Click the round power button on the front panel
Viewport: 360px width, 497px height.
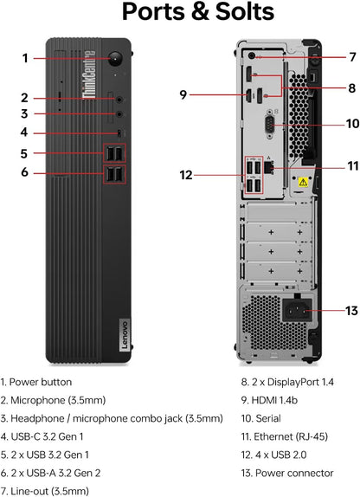pos(116,58)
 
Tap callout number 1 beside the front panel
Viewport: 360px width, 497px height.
pos(25,58)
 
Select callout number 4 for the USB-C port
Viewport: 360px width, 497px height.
pos(25,132)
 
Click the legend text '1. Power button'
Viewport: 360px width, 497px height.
pos(48,381)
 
